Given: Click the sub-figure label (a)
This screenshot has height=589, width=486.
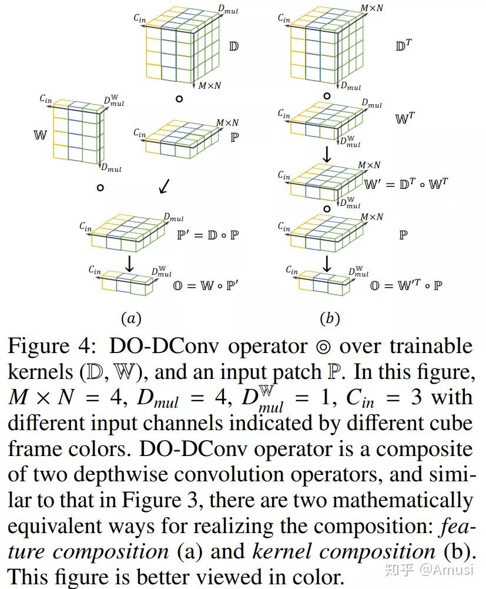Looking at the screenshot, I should (131, 318).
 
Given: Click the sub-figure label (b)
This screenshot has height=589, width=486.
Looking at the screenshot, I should (329, 318).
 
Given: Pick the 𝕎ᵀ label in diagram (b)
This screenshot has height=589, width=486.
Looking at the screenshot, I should (405, 118).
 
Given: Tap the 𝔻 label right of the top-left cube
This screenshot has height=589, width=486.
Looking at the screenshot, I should (233, 46).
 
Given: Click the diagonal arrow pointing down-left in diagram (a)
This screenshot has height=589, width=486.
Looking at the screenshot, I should (165, 187).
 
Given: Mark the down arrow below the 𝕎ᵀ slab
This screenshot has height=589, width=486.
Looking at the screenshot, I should (327, 155).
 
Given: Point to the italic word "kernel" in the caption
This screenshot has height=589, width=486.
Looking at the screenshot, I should (283, 551).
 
